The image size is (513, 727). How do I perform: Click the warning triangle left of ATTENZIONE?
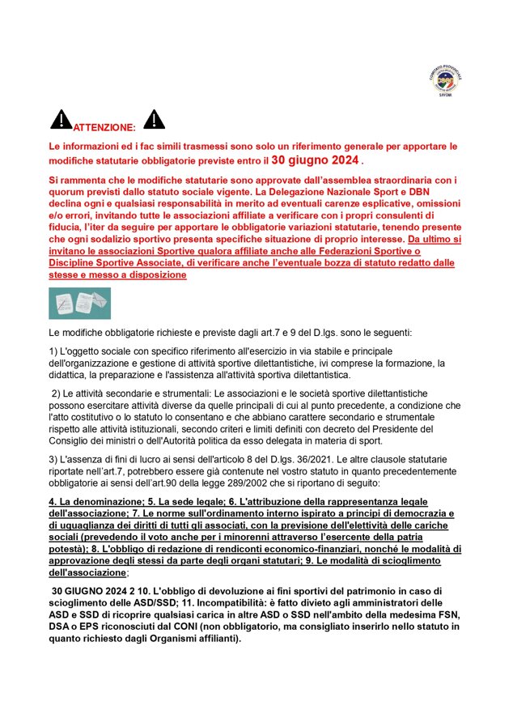click(x=61, y=121)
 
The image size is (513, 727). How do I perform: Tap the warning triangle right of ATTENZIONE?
click(x=154, y=120)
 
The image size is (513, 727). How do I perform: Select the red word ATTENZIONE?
click(x=104, y=128)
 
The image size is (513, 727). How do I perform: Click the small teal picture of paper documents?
click(x=79, y=303)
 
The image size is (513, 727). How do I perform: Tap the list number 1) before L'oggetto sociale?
click(x=54, y=351)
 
